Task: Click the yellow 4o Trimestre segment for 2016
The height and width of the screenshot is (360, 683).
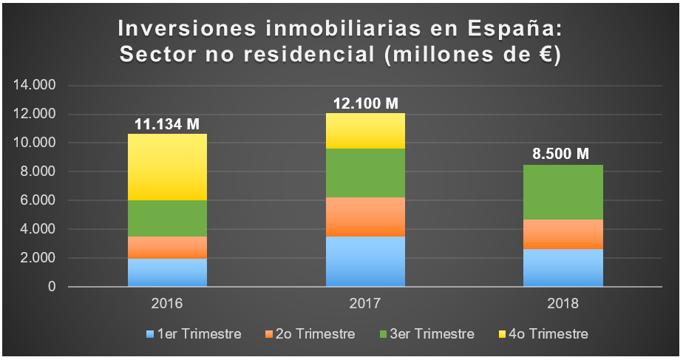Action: [167, 166]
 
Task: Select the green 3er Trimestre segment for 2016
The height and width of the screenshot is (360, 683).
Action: [167, 218]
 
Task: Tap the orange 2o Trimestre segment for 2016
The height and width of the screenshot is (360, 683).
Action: [167, 247]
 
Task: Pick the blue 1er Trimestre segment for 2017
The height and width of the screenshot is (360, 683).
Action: [365, 261]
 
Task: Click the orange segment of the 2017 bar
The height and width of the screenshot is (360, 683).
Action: [365, 217]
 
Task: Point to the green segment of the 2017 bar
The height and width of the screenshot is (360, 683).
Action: [365, 173]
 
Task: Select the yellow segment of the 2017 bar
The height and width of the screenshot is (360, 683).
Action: [365, 131]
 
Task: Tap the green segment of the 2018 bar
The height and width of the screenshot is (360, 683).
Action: [563, 192]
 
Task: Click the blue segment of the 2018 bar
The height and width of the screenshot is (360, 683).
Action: [563, 268]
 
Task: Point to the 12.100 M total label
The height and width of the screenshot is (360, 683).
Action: [365, 103]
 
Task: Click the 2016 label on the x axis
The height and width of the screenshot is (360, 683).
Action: [167, 304]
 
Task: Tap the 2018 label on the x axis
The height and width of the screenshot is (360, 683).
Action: [563, 304]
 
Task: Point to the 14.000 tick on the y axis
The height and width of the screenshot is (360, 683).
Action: [35, 86]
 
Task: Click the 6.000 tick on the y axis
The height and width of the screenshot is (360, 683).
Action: [38, 200]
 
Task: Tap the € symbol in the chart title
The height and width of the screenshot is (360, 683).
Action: [541, 55]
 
